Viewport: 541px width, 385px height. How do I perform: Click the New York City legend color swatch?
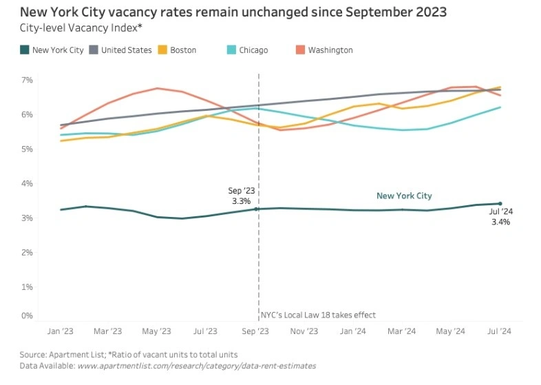24,50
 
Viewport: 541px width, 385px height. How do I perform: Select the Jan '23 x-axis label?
61,331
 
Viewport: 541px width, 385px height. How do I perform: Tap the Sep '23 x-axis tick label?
256,331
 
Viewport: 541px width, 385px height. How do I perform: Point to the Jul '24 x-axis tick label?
500,331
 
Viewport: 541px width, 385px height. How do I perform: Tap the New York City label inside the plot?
404,196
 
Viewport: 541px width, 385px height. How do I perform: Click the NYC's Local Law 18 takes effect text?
318,315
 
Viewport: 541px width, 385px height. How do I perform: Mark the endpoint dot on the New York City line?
500,204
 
